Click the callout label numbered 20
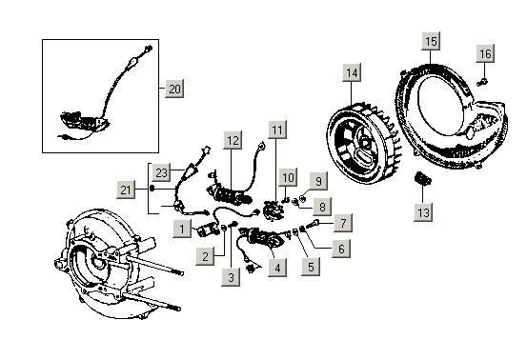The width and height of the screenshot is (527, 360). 174,89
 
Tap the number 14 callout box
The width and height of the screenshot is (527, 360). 352,72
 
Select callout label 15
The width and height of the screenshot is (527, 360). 431,41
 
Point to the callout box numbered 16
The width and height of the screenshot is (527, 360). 485,53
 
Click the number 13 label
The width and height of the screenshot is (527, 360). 423,211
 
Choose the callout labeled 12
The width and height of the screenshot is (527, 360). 233,140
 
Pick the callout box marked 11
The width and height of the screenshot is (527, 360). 277,130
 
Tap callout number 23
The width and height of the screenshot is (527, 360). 161,172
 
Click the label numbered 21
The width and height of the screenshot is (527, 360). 126,190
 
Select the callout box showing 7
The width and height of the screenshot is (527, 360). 343,223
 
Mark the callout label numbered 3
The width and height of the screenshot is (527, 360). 231,277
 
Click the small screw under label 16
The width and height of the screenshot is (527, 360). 482,82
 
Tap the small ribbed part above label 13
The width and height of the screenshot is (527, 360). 422,178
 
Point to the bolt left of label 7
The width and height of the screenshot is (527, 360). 312,224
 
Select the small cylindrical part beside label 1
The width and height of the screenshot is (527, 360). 207,230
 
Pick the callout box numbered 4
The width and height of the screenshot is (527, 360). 277,268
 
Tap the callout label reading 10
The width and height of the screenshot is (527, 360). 288,177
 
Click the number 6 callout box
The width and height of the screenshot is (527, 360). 341,249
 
